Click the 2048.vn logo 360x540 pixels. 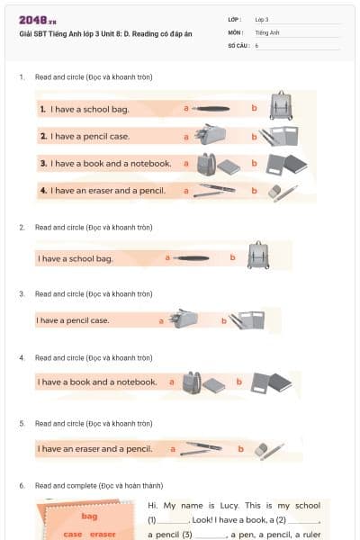point(38,20)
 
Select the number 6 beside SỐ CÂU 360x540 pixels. point(256,44)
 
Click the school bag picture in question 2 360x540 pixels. point(258,256)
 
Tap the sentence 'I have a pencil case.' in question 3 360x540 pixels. point(73,320)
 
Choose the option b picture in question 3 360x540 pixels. point(247,319)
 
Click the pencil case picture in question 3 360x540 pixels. point(184,319)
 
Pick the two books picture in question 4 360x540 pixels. point(272,382)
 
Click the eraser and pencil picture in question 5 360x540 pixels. point(269,447)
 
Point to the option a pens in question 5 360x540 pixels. point(200,447)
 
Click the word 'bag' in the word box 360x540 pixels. point(89,516)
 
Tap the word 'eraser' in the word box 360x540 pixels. point(102,534)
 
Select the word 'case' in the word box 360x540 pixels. point(72,534)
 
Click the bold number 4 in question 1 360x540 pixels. point(43,191)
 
